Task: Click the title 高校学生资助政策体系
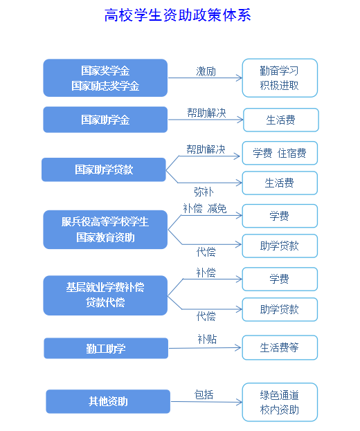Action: coord(178,15)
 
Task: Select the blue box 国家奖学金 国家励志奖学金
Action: coord(105,77)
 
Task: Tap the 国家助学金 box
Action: coord(105,120)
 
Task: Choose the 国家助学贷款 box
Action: coord(104,169)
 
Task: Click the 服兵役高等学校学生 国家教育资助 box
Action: coord(105,230)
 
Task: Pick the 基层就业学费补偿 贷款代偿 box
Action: coord(105,295)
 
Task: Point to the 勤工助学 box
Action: coord(106,348)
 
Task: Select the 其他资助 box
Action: coord(108,401)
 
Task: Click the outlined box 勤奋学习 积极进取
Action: coord(280,77)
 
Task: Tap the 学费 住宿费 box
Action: coord(280,153)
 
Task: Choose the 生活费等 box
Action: coord(280,347)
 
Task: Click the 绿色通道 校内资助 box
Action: coord(280,402)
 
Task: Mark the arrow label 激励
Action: coord(206,71)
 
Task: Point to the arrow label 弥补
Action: coord(204,192)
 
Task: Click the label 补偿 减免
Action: coord(205,209)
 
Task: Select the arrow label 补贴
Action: coord(207,339)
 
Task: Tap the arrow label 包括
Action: coord(204,394)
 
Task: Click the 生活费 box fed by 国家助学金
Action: coord(281,120)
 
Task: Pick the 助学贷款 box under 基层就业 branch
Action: coord(280,309)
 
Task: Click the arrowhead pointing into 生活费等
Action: coord(238,348)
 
